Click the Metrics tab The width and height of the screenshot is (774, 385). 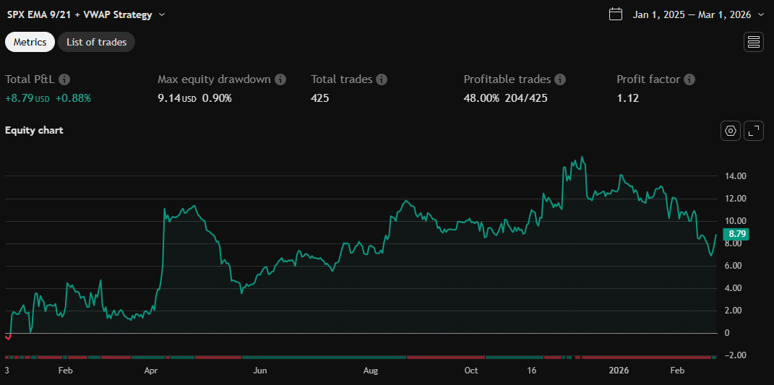[x=30, y=42]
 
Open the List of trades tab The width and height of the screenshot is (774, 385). [x=96, y=42]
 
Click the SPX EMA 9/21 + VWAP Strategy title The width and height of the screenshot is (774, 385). [x=79, y=14]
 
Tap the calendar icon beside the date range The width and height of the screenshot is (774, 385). [x=616, y=14]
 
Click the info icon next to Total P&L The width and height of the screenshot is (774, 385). [x=64, y=79]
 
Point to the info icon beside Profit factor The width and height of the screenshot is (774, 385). [x=689, y=79]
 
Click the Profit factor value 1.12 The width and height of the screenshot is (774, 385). [x=627, y=98]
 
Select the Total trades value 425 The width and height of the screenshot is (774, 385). [x=320, y=98]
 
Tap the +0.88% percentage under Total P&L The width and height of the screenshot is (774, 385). [x=73, y=98]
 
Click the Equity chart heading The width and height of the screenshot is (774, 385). [x=34, y=131]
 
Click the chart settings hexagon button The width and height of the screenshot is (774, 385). [x=731, y=131]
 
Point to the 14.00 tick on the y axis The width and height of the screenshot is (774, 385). [x=736, y=176]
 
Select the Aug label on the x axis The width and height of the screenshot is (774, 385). [x=370, y=371]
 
